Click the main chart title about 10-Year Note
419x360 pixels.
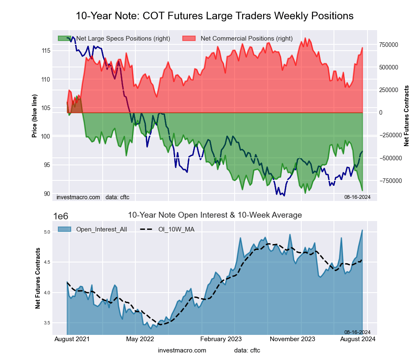tap(215, 16)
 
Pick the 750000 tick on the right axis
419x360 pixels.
tap(388, 44)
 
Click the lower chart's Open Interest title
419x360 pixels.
tap(215, 215)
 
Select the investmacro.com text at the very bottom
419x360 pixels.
tap(182, 350)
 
